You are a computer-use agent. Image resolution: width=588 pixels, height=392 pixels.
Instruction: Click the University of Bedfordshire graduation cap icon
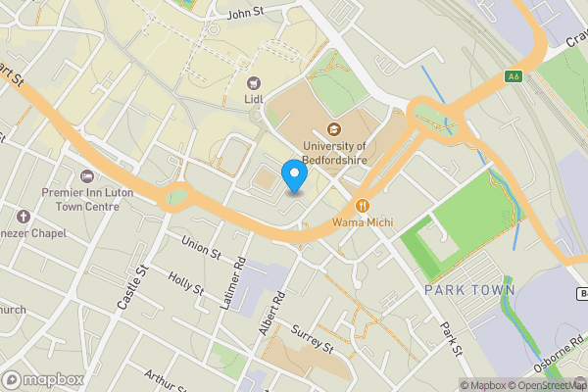pos(334,129)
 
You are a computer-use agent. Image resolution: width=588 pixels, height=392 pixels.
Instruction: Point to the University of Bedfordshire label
pos(334,153)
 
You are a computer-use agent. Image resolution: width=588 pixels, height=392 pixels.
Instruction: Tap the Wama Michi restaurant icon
pos(363,206)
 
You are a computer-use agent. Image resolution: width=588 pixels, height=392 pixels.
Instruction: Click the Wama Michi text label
pos(363,222)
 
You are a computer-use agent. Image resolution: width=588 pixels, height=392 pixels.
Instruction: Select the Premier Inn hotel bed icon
pos(87,176)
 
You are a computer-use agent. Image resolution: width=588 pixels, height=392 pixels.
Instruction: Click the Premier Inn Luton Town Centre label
pos(87,200)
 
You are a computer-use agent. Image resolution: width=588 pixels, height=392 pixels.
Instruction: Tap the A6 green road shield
pos(513,75)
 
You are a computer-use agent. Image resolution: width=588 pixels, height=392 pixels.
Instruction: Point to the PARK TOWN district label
pos(469,291)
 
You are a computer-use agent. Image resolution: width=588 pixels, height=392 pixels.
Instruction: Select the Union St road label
pos(201,248)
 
